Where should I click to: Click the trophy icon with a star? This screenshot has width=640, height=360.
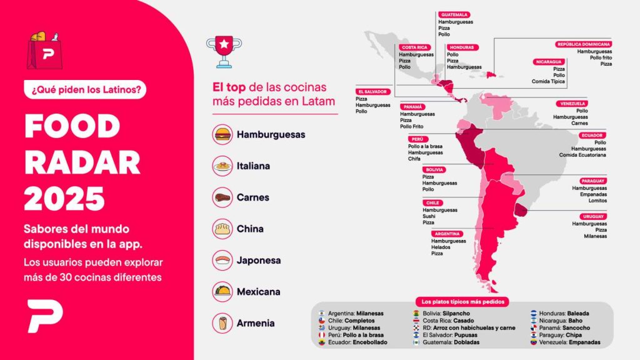(x=223, y=51)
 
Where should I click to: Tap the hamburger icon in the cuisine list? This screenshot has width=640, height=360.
(x=222, y=134)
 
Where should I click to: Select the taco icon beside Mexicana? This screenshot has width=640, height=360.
(x=222, y=291)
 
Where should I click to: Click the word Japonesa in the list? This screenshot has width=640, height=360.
(x=258, y=260)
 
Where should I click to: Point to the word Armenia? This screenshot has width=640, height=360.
(x=255, y=323)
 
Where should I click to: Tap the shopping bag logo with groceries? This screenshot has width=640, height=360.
(x=45, y=49)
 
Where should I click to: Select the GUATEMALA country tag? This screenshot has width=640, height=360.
(x=454, y=14)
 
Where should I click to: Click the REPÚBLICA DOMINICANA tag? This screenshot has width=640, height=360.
(x=584, y=44)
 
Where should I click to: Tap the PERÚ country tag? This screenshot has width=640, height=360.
(x=417, y=139)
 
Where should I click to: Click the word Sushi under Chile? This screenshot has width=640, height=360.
(x=429, y=216)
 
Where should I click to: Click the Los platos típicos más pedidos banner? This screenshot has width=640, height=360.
(x=462, y=301)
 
